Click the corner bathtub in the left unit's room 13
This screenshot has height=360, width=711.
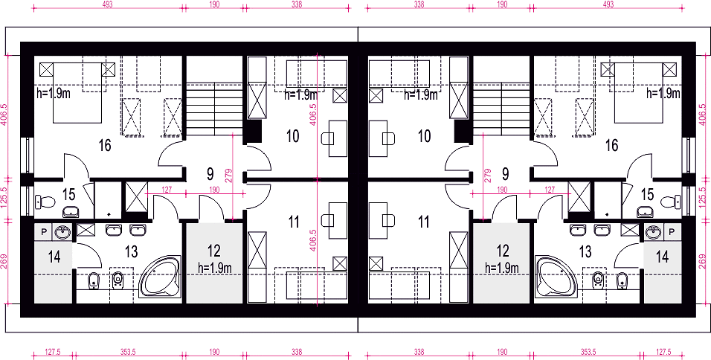(160, 277)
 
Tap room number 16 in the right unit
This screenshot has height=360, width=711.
(611, 146)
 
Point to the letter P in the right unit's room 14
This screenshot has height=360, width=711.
(672, 232)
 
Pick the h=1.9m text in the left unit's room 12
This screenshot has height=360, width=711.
(215, 268)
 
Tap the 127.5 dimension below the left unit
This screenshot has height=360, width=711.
(53, 351)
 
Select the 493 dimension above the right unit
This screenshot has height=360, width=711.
(608, 4)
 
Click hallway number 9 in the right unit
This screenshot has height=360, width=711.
(506, 173)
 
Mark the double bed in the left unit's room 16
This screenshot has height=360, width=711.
(77, 92)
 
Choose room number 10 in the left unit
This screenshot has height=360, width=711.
(293, 136)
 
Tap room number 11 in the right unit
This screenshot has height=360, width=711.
(423, 222)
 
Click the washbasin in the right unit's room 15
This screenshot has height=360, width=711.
(645, 211)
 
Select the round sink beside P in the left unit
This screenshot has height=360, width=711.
(62, 233)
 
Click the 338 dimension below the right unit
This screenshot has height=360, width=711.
(419, 351)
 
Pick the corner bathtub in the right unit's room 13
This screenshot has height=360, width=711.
(556, 277)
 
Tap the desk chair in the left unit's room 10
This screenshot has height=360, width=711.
(327, 138)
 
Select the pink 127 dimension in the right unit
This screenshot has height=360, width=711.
(550, 190)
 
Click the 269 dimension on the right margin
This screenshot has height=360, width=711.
(703, 261)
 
